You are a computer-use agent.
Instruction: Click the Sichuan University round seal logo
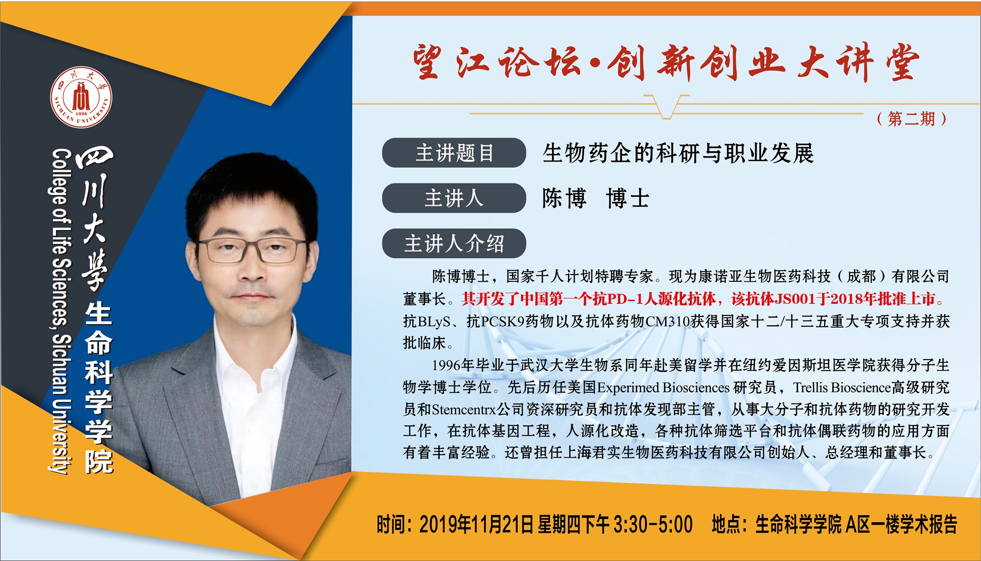click(x=81, y=96)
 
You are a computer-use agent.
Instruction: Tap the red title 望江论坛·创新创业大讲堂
click(x=666, y=63)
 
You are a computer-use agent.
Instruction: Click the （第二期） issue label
click(x=912, y=119)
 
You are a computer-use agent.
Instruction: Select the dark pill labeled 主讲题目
click(x=454, y=152)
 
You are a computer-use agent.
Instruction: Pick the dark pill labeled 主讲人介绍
click(x=454, y=243)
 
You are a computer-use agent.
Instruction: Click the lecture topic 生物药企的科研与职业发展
click(x=678, y=153)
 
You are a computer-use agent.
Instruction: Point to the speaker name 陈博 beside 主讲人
click(x=564, y=198)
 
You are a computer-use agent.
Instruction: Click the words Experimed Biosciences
click(x=663, y=387)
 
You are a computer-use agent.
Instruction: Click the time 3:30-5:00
click(x=653, y=525)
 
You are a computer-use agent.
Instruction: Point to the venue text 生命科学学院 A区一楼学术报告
click(x=856, y=525)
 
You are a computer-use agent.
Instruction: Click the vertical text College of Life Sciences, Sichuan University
click(x=61, y=311)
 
